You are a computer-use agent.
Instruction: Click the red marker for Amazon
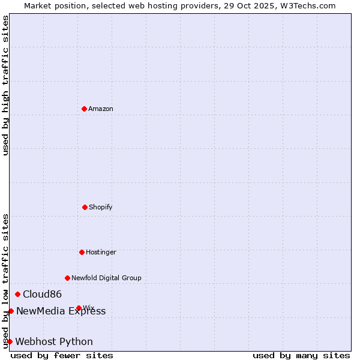[84, 109]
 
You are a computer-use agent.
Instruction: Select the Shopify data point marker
[85, 207]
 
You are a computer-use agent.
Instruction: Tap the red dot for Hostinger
[82, 252]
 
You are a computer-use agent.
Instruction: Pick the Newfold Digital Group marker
[67, 278]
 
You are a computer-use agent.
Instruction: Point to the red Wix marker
[79, 308]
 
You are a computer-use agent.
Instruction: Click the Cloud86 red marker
[17, 294]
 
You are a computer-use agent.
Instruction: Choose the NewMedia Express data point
[11, 311]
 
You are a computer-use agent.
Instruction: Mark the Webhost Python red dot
[10, 341]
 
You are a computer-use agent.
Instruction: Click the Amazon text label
[101, 109]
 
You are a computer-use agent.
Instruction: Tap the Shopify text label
[101, 207]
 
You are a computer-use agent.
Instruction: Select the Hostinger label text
[101, 252]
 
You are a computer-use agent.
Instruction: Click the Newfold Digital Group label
[106, 278]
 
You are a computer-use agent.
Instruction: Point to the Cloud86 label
[42, 294]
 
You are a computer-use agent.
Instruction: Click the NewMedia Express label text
[61, 311]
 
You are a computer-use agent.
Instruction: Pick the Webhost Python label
[54, 341]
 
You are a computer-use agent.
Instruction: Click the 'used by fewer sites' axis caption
[62, 355]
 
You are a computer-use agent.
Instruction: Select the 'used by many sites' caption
[301, 355]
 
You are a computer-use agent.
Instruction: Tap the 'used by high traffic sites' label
[5, 85]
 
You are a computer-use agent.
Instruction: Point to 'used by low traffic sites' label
[5, 281]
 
